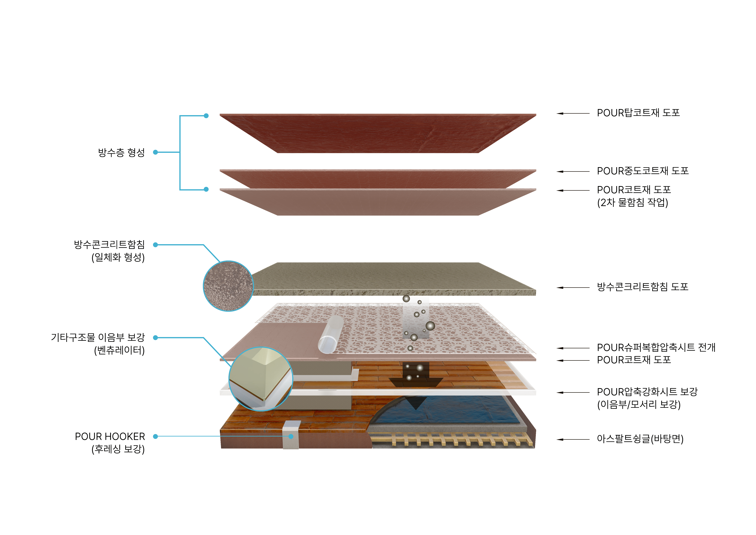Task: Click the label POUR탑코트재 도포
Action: pos(638,113)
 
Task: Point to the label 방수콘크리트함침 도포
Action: pos(642,287)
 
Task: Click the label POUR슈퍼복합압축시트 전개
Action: pos(656,348)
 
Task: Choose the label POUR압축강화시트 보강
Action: pos(647,392)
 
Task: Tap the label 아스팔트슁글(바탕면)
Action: pos(640,439)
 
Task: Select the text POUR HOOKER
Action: pos(110,437)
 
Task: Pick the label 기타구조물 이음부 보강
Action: pos(98,338)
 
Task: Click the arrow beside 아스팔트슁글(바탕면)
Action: pos(573,440)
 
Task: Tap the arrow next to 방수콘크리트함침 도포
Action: pos(573,288)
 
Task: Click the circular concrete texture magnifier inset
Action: pos(228,286)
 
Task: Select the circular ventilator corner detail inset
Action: pos(261,379)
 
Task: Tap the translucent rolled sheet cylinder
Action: pos(330,334)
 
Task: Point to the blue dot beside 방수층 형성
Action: pos(155,152)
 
